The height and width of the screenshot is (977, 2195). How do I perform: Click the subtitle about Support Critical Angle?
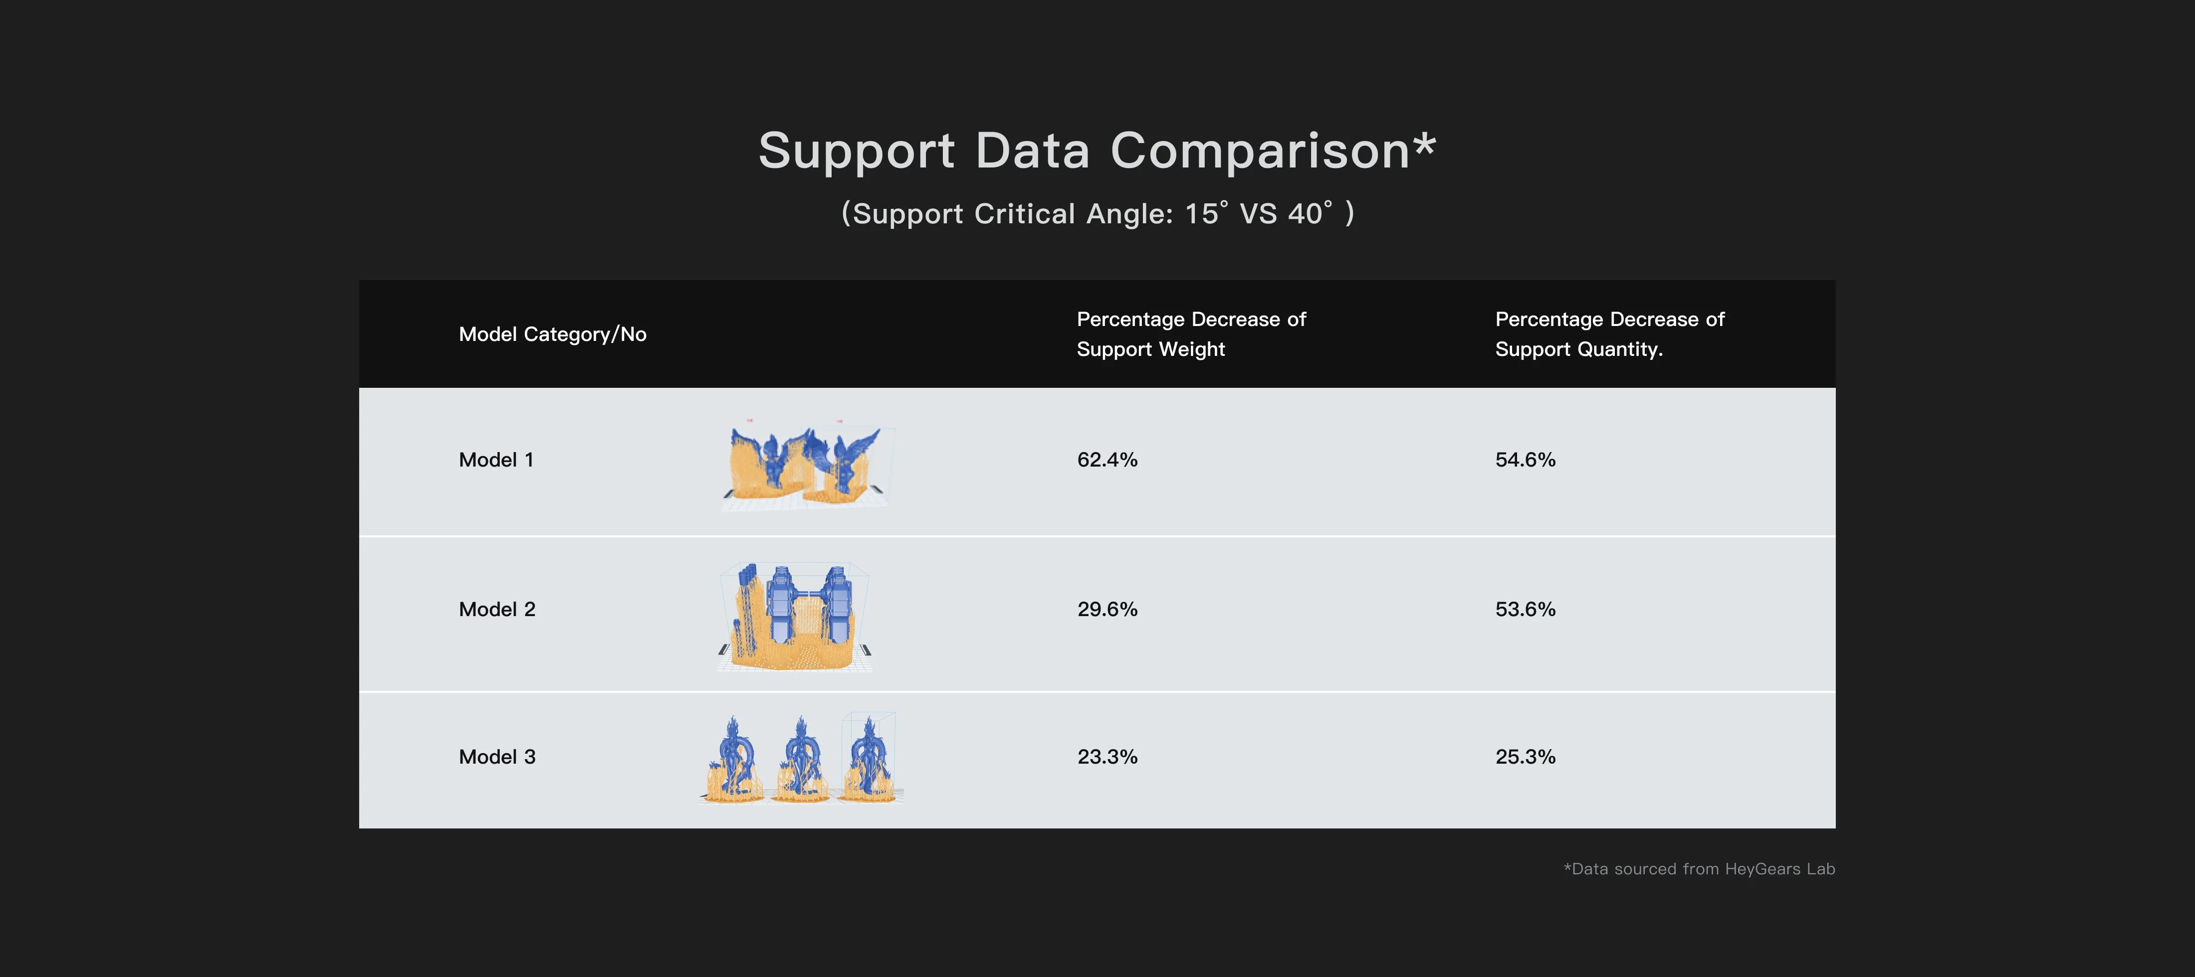(x=1097, y=213)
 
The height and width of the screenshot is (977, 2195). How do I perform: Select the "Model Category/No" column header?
(x=552, y=334)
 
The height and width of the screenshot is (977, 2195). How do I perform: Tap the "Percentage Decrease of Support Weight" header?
(x=1190, y=334)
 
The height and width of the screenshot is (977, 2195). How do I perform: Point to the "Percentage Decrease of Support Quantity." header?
(x=1609, y=334)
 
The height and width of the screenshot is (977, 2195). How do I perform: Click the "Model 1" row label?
(x=496, y=460)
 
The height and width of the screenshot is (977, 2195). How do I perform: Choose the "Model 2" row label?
(x=497, y=609)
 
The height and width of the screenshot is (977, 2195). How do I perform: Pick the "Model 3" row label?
(x=497, y=756)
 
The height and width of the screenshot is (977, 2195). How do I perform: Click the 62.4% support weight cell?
(x=1107, y=460)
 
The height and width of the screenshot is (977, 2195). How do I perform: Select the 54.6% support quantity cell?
(x=1525, y=460)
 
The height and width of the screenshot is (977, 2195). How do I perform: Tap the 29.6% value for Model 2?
(x=1107, y=609)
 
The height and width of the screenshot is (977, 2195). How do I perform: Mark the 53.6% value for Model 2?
(x=1525, y=609)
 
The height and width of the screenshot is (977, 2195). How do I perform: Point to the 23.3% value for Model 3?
(x=1107, y=756)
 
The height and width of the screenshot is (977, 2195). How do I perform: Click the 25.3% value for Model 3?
(x=1525, y=756)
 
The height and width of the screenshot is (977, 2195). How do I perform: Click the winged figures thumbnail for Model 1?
(x=805, y=464)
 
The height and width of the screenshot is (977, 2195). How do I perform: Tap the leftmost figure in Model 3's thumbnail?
(x=734, y=760)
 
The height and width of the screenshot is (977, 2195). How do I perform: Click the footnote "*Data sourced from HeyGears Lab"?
(x=1698, y=869)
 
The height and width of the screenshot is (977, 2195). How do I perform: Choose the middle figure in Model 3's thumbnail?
(x=801, y=760)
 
